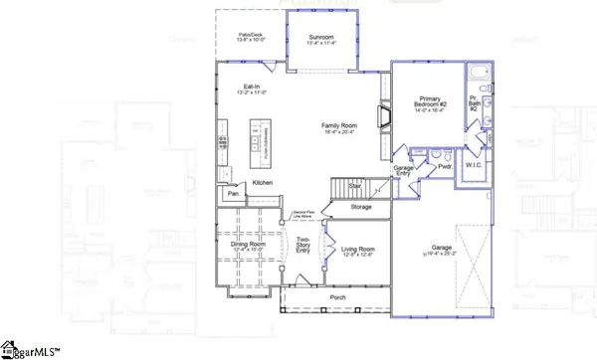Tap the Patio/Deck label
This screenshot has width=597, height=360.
250,37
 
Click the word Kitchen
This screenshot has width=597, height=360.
262,183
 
